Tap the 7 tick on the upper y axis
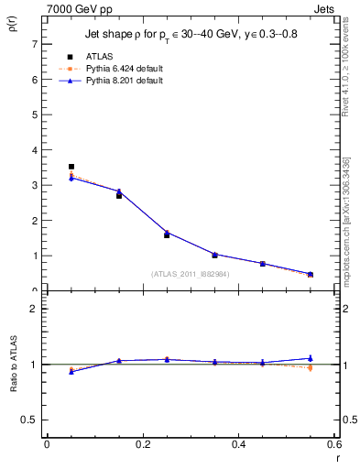point(34,44)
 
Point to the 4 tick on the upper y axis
point(34,150)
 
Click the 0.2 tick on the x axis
point(143,444)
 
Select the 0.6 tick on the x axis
point(334,444)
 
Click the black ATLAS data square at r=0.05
point(71,167)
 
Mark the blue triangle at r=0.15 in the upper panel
point(119,191)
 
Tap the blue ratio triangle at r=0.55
point(310,358)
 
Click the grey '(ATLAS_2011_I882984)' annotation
point(190,273)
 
